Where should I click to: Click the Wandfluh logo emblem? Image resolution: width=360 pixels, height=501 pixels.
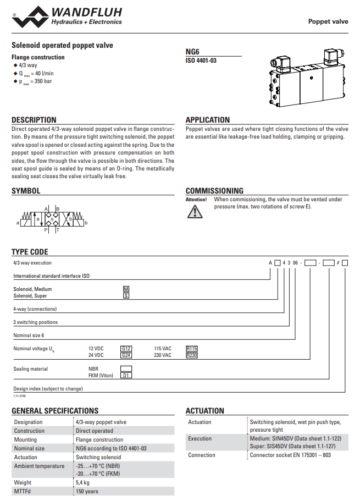(30, 16)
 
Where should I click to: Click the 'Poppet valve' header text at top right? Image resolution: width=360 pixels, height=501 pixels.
(328, 21)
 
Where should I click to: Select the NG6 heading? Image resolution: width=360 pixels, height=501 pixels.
(193, 51)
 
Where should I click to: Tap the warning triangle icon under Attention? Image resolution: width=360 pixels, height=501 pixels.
(195, 212)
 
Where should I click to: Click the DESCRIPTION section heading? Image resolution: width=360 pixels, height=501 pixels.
(34, 120)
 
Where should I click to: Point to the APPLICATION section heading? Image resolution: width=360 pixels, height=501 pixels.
(208, 120)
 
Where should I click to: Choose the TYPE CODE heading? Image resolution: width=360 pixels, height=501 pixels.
(30, 252)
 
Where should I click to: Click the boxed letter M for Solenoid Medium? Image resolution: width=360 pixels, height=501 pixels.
(126, 289)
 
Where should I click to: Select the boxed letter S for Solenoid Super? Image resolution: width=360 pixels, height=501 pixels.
(126, 296)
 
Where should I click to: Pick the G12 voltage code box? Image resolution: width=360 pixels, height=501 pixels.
(126, 349)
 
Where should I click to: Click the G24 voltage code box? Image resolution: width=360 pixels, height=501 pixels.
(126, 355)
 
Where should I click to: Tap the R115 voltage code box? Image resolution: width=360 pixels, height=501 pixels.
(192, 349)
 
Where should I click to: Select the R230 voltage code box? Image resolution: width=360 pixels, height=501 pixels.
(192, 355)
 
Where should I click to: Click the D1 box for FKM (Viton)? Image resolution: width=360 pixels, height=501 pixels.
(126, 376)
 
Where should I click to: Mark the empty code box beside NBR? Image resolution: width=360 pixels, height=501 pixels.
(126, 369)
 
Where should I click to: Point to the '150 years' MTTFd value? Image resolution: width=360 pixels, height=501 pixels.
(87, 491)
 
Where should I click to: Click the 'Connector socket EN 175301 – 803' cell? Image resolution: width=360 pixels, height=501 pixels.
(290, 455)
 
